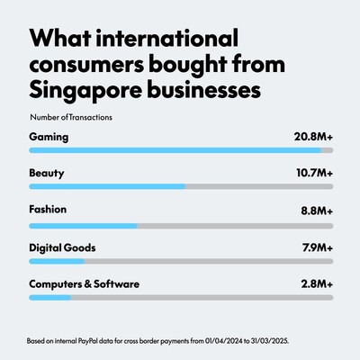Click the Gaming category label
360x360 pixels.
pyautogui.click(x=49, y=137)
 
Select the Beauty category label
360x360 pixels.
pyautogui.click(x=48, y=174)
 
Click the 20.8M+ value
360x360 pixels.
pyautogui.click(x=310, y=137)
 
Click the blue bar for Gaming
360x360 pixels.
pyautogui.click(x=162, y=150)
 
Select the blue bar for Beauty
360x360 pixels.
pyautogui.click(x=107, y=187)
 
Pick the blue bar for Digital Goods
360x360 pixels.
pyautogui.click(x=57, y=261)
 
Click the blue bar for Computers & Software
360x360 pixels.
pyautogui.click(x=49, y=298)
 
